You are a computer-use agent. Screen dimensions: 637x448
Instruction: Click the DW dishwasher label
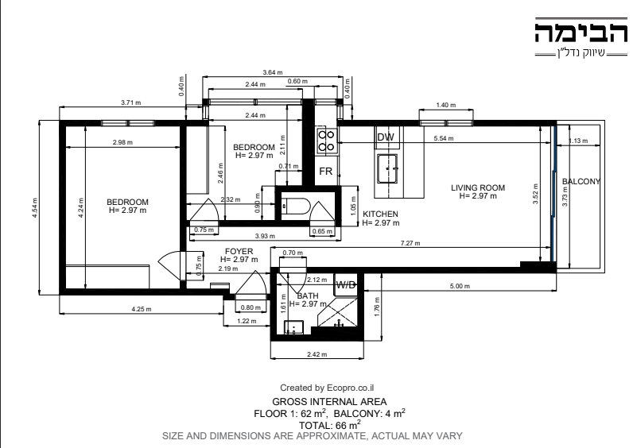386,137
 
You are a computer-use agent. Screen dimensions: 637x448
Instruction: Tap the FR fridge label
326,172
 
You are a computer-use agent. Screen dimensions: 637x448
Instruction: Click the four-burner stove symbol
326,141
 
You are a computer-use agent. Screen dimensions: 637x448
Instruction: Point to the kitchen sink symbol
387,168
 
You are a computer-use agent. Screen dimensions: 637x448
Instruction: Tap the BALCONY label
581,181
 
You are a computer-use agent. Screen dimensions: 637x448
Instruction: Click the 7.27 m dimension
410,244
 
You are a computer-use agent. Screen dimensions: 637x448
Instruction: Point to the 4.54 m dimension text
35,208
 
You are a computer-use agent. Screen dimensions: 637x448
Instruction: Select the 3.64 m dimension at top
273,72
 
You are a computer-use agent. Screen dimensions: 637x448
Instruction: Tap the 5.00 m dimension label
460,286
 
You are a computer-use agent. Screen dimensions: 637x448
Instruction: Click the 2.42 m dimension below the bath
317,354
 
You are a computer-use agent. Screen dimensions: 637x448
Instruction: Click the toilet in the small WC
295,206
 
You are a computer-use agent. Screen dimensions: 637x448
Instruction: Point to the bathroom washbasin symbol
293,327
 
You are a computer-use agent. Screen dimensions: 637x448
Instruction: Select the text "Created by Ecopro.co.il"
327,388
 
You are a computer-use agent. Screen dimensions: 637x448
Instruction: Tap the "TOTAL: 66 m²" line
330,425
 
